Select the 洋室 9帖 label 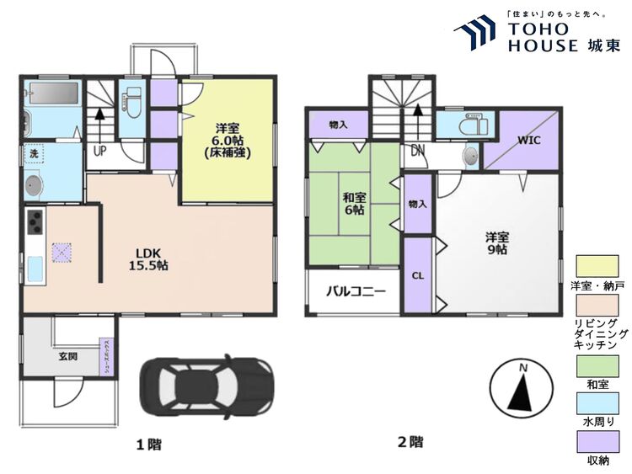(x=496, y=242)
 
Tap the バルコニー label (x=356, y=293)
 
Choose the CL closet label (x=417, y=274)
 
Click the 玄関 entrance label (x=68, y=356)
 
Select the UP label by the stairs (x=99, y=152)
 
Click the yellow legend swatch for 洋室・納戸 (x=597, y=267)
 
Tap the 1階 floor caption (x=148, y=444)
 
